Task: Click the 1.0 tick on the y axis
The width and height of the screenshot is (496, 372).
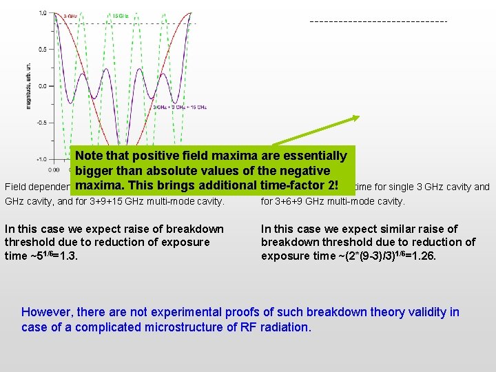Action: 43,13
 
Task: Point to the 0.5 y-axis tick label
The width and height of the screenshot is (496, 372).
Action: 43,50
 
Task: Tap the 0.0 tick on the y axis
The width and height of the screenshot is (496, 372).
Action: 43,86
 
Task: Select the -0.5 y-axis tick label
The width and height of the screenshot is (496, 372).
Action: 41,123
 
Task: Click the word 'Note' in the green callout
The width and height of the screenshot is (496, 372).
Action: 90,157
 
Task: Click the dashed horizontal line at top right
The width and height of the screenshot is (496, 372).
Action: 379,22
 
